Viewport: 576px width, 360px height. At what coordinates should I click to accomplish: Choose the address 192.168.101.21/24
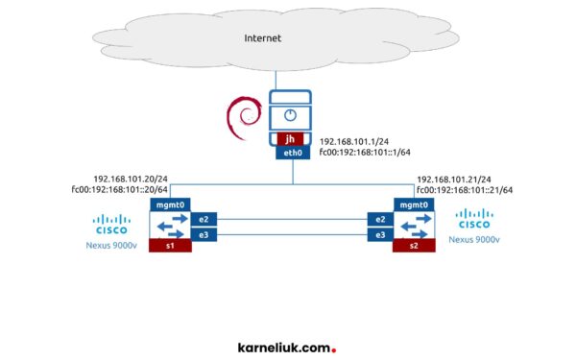pyautogui.click(x=454, y=179)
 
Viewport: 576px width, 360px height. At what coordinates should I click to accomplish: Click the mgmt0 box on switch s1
pyautogui.click(x=170, y=204)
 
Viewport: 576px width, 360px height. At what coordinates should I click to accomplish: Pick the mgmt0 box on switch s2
pyautogui.click(x=413, y=204)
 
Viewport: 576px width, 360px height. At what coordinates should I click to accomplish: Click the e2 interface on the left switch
pyautogui.click(x=204, y=219)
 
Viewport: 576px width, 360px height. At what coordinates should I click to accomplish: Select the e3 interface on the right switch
pyautogui.click(x=379, y=234)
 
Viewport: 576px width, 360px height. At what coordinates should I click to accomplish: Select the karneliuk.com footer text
pyautogui.click(x=286, y=348)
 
